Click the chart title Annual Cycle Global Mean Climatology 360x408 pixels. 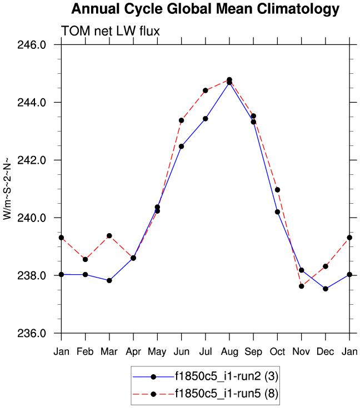(x=205, y=9)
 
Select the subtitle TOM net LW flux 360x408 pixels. (x=111, y=31)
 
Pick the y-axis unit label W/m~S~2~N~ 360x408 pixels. (x=7, y=189)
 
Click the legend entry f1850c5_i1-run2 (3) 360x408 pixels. (x=226, y=376)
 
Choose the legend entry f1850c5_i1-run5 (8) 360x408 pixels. (x=226, y=394)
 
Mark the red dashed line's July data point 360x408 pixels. (x=206, y=90)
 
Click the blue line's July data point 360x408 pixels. (x=206, y=119)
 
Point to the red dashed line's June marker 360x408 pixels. (x=181, y=120)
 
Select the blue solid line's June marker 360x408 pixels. (x=181, y=147)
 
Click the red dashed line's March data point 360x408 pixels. (x=109, y=236)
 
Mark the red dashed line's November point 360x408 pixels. (x=301, y=286)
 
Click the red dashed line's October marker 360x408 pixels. (x=277, y=190)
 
